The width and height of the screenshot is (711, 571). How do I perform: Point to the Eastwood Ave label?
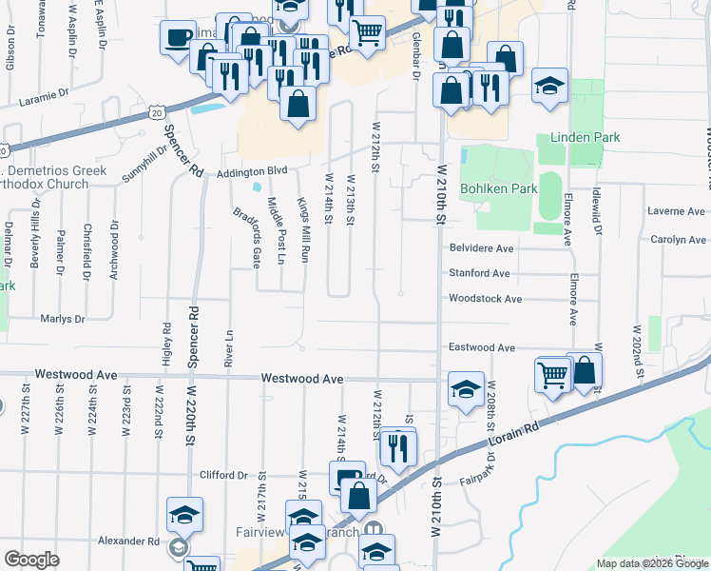482,348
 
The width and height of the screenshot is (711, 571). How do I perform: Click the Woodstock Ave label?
486,299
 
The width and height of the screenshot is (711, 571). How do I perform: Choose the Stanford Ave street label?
479,273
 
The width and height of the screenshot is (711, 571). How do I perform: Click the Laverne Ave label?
676,211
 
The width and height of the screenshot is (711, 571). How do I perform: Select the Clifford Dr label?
223,475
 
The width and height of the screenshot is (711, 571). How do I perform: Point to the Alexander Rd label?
128,541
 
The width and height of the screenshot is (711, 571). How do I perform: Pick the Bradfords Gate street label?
246,238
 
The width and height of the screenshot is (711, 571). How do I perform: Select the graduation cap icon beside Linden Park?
549,85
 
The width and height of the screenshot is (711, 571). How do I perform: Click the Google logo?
32,560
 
